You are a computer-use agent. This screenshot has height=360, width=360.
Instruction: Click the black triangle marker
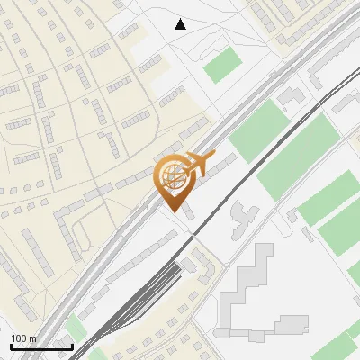181,24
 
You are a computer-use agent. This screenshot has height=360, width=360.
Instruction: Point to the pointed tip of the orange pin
172,211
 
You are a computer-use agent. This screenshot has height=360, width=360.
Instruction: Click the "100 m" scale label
23,337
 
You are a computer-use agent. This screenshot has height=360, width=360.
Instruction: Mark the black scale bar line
40,346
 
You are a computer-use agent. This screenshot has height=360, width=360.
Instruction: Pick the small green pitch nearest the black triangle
222,65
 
